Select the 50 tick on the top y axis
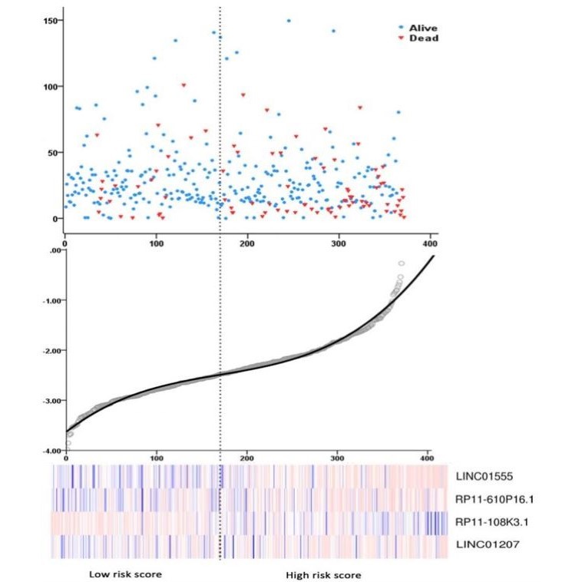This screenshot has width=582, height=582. (x=51, y=152)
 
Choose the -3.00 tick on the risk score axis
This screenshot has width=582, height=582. (x=48, y=401)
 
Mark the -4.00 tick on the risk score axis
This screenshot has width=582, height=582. (x=48, y=451)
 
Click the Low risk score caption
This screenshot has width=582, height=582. (x=125, y=574)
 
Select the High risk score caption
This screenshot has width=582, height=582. (x=323, y=574)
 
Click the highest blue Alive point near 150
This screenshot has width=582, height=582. (x=289, y=21)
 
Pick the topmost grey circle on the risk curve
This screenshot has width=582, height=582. (x=401, y=263)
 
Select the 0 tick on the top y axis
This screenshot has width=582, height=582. (x=54, y=219)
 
